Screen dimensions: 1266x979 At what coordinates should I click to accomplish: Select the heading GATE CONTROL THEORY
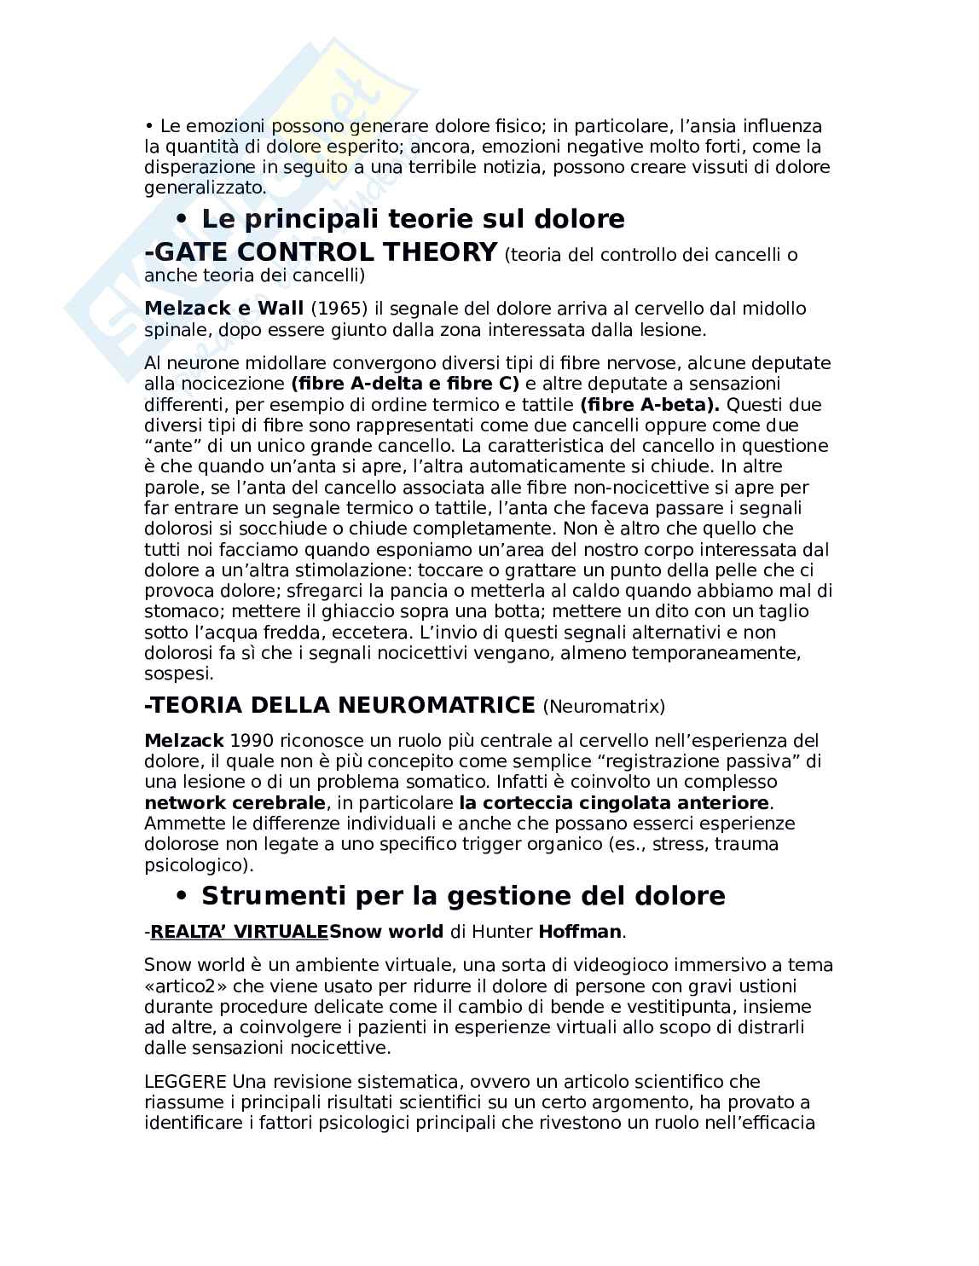pyautogui.click(x=322, y=252)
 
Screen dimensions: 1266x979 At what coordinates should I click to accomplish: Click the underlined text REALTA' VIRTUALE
pyautogui.click(x=239, y=931)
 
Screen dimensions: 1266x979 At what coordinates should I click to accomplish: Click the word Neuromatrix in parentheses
pyautogui.click(x=604, y=707)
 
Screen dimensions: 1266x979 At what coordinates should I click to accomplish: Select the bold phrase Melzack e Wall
pyautogui.click(x=224, y=309)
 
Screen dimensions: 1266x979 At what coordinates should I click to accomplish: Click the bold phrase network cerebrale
pyautogui.click(x=235, y=803)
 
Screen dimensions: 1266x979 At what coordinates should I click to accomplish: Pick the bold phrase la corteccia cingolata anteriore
pyautogui.click(x=614, y=803)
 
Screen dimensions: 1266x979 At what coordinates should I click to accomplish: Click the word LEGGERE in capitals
pyautogui.click(x=185, y=1082)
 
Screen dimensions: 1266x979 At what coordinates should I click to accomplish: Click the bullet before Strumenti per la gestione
pyautogui.click(x=181, y=896)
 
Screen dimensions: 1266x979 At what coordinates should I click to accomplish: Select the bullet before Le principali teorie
pyautogui.click(x=181, y=219)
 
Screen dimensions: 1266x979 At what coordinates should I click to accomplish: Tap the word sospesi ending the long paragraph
pyautogui.click(x=177, y=673)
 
